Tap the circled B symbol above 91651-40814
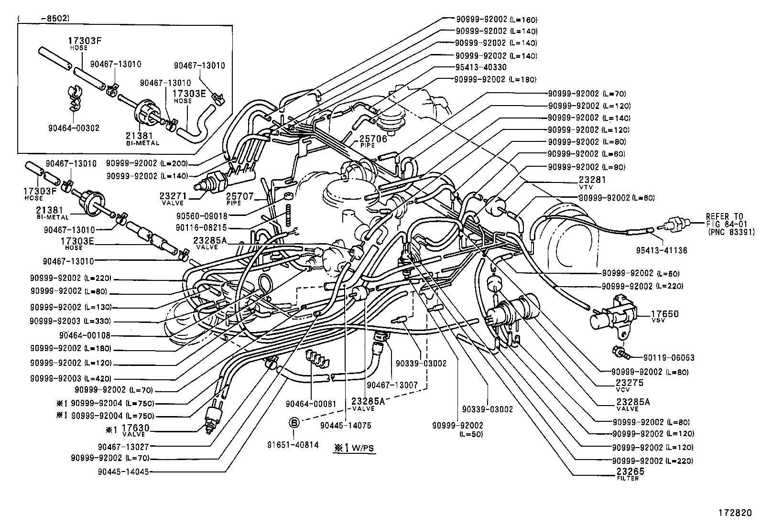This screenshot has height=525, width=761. (x=294, y=422)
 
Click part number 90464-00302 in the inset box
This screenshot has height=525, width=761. (x=74, y=128)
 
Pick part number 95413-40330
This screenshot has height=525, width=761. (x=480, y=67)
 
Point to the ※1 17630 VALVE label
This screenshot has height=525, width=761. (x=128, y=430)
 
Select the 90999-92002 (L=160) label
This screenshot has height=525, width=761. (x=496, y=20)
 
